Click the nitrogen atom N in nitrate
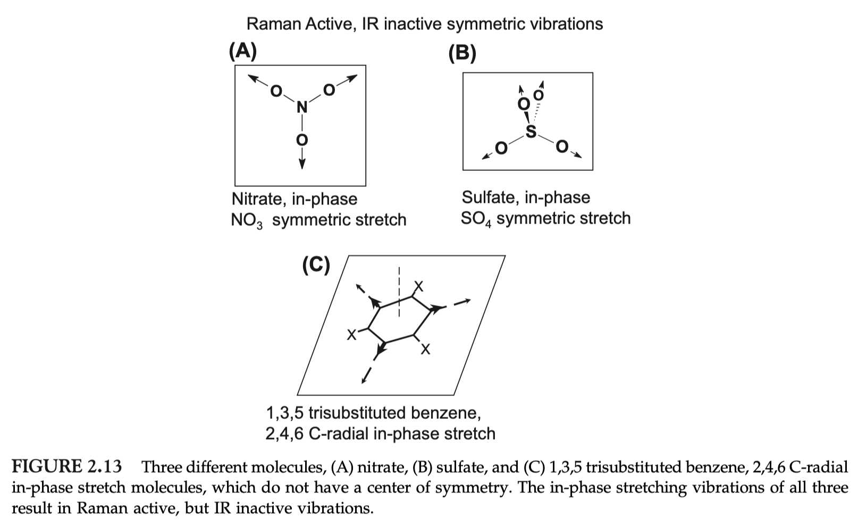point(302,108)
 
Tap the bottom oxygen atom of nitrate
point(302,140)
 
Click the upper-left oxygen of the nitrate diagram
point(275,91)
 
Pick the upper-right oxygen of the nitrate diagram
point(329,90)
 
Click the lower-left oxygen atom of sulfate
point(500,147)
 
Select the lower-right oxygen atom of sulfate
point(562,146)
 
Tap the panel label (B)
point(462,53)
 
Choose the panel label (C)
point(316,264)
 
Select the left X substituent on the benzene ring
point(351,335)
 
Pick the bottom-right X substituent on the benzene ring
point(425,350)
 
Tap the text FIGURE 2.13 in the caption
point(67,467)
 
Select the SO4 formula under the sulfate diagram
point(475,219)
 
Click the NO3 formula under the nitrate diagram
point(247,220)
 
